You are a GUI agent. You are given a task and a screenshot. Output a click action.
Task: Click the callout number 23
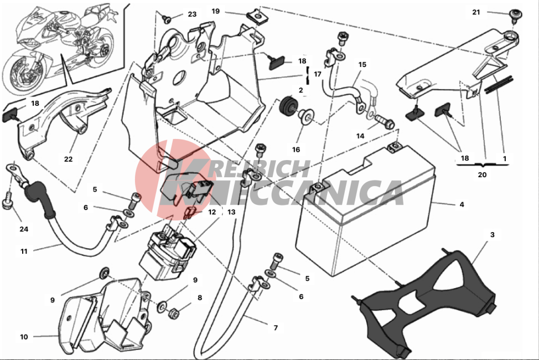192,14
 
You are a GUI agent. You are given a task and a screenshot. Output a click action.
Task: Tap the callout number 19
215,12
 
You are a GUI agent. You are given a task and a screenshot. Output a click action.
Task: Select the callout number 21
476,12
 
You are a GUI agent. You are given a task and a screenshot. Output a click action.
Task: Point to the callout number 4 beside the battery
462,204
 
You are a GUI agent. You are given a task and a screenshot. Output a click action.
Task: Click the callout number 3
493,235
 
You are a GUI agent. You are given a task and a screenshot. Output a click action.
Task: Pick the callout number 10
24,337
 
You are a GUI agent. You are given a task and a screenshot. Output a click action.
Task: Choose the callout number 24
24,229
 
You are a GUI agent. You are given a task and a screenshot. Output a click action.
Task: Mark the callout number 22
69,159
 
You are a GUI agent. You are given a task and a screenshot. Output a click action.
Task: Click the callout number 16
296,150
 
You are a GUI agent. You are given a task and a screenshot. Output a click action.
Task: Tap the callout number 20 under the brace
483,175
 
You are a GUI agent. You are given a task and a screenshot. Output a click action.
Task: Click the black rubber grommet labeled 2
288,104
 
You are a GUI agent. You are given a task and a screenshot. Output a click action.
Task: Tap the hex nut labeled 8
173,313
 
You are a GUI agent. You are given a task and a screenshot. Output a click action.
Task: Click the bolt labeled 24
7,203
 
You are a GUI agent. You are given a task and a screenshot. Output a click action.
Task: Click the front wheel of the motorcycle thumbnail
22,71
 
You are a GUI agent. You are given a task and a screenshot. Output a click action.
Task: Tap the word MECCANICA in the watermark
282,193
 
